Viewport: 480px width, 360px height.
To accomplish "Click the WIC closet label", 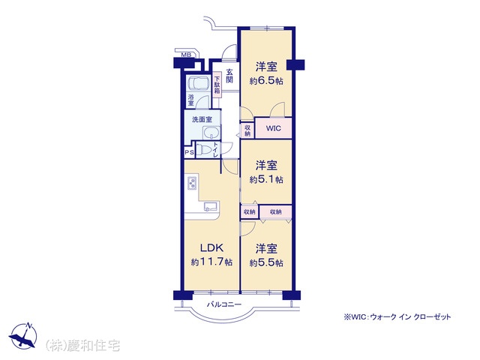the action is [273, 128].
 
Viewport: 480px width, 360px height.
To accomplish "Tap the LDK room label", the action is [211, 247].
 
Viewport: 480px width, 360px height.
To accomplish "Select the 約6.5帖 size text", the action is [266, 81].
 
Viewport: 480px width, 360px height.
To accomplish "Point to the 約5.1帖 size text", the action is [266, 179].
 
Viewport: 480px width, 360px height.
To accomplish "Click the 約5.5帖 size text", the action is [266, 262].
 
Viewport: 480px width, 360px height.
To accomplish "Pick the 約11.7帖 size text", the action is [211, 262].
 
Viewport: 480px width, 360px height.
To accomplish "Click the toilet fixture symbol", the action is [203, 150].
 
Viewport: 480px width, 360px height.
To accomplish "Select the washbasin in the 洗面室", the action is [211, 133].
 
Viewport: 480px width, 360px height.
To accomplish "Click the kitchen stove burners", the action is [192, 183].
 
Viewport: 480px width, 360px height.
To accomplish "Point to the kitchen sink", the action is [211, 205].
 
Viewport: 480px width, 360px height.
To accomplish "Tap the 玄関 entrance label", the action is [229, 76].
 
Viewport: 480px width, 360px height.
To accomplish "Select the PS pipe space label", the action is [189, 152].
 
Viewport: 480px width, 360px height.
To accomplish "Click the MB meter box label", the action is [186, 55].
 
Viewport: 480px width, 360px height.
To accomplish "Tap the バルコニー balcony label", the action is [224, 304].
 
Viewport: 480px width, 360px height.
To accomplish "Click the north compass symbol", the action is [23, 335].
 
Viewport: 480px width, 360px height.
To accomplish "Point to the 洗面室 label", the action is [202, 119].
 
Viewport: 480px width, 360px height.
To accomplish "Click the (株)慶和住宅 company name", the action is [82, 346].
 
